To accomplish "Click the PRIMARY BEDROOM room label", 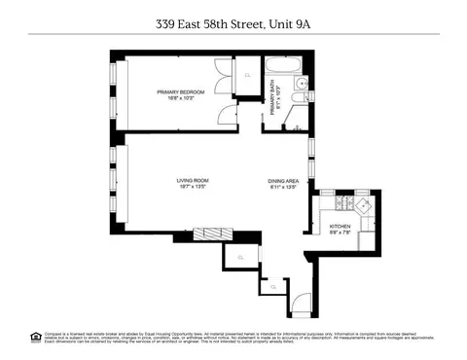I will pos(178,92).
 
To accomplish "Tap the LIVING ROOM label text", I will pos(194,181).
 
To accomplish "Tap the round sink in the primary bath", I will pos(304,86).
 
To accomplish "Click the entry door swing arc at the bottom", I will pos(302,303).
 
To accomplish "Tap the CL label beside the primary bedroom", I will pos(247,74).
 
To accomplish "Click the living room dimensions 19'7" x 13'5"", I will pos(194,188).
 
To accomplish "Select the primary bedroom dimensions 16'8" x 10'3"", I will pos(178,99).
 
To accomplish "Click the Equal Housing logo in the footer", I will pos(36,336).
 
